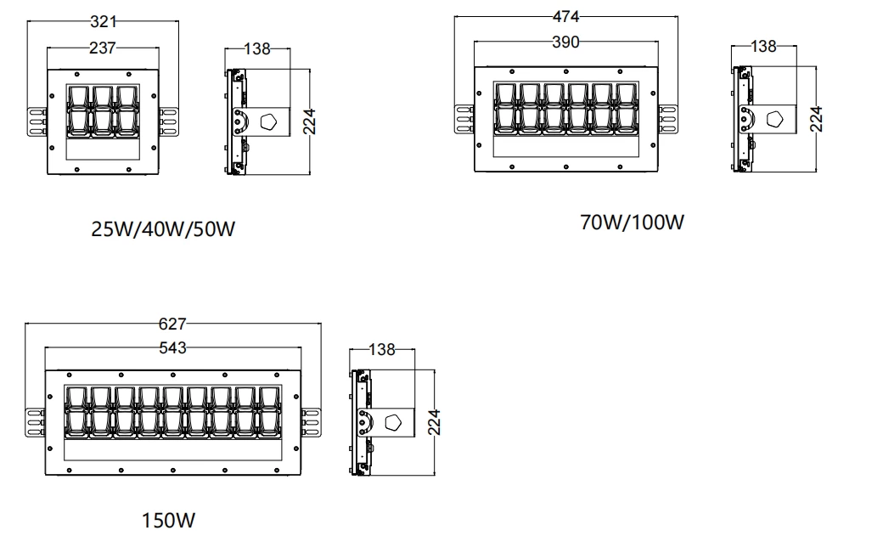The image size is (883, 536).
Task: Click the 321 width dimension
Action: pos(104,21)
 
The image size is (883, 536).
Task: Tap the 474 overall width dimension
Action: pos(566,16)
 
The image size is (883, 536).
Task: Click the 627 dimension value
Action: pos(172,323)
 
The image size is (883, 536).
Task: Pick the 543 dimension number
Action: pos(172,347)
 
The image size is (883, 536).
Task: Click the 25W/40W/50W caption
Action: pos(163,229)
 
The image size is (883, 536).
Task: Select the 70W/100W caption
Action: pos(631,223)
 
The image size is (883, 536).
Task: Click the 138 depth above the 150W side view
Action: pos(381,349)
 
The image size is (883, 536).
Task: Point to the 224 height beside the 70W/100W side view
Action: pos(816,119)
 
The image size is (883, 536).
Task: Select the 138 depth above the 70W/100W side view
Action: pos(763,47)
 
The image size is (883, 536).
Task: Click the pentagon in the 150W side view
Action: pos(395,422)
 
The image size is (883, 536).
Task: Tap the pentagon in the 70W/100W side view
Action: pos(774,119)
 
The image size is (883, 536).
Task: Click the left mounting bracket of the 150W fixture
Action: pos(35,421)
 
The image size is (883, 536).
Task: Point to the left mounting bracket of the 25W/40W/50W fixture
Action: pos(37,121)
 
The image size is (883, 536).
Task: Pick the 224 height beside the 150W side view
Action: pos(434,422)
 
